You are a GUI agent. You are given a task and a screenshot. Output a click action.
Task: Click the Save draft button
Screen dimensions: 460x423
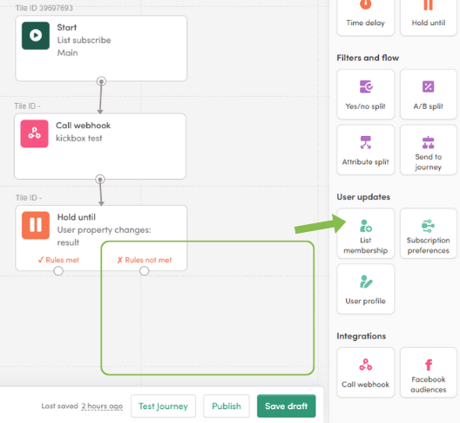click(x=287, y=406)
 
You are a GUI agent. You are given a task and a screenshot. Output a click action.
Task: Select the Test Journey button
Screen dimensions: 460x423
click(x=163, y=406)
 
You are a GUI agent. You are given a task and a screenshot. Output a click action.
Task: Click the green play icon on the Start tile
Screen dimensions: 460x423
click(x=36, y=36)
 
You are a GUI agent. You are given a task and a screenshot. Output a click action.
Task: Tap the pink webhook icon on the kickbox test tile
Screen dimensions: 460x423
click(x=34, y=133)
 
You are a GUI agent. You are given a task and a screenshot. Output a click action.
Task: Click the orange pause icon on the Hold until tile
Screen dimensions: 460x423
click(x=36, y=225)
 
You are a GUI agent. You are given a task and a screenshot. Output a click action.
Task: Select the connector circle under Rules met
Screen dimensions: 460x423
click(x=58, y=271)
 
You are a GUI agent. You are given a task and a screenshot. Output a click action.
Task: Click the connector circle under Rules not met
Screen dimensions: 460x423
click(x=144, y=271)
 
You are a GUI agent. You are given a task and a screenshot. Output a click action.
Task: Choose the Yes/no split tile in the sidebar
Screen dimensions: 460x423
click(x=366, y=94)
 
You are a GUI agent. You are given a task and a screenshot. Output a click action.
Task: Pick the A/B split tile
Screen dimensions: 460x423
click(x=429, y=94)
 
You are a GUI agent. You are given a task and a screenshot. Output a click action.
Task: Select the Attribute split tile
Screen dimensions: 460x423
click(x=366, y=150)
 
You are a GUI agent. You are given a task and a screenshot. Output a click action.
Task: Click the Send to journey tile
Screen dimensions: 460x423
click(x=429, y=150)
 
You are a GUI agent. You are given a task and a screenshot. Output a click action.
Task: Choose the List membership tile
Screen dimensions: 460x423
click(x=366, y=234)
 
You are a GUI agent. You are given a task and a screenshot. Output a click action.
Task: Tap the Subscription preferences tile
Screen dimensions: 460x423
click(x=429, y=234)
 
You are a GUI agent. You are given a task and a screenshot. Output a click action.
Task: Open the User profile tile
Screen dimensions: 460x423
click(x=366, y=289)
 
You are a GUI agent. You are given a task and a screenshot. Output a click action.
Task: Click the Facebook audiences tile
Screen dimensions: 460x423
click(x=429, y=372)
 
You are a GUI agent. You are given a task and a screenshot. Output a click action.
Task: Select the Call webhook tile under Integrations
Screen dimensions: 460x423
click(x=366, y=372)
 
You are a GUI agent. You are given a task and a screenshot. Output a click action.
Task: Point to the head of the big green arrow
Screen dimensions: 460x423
click(x=346, y=222)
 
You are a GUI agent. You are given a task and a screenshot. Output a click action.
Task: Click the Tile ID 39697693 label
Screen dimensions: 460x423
click(x=44, y=8)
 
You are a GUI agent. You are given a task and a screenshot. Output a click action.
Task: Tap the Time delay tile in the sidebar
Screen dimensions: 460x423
click(x=366, y=17)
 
